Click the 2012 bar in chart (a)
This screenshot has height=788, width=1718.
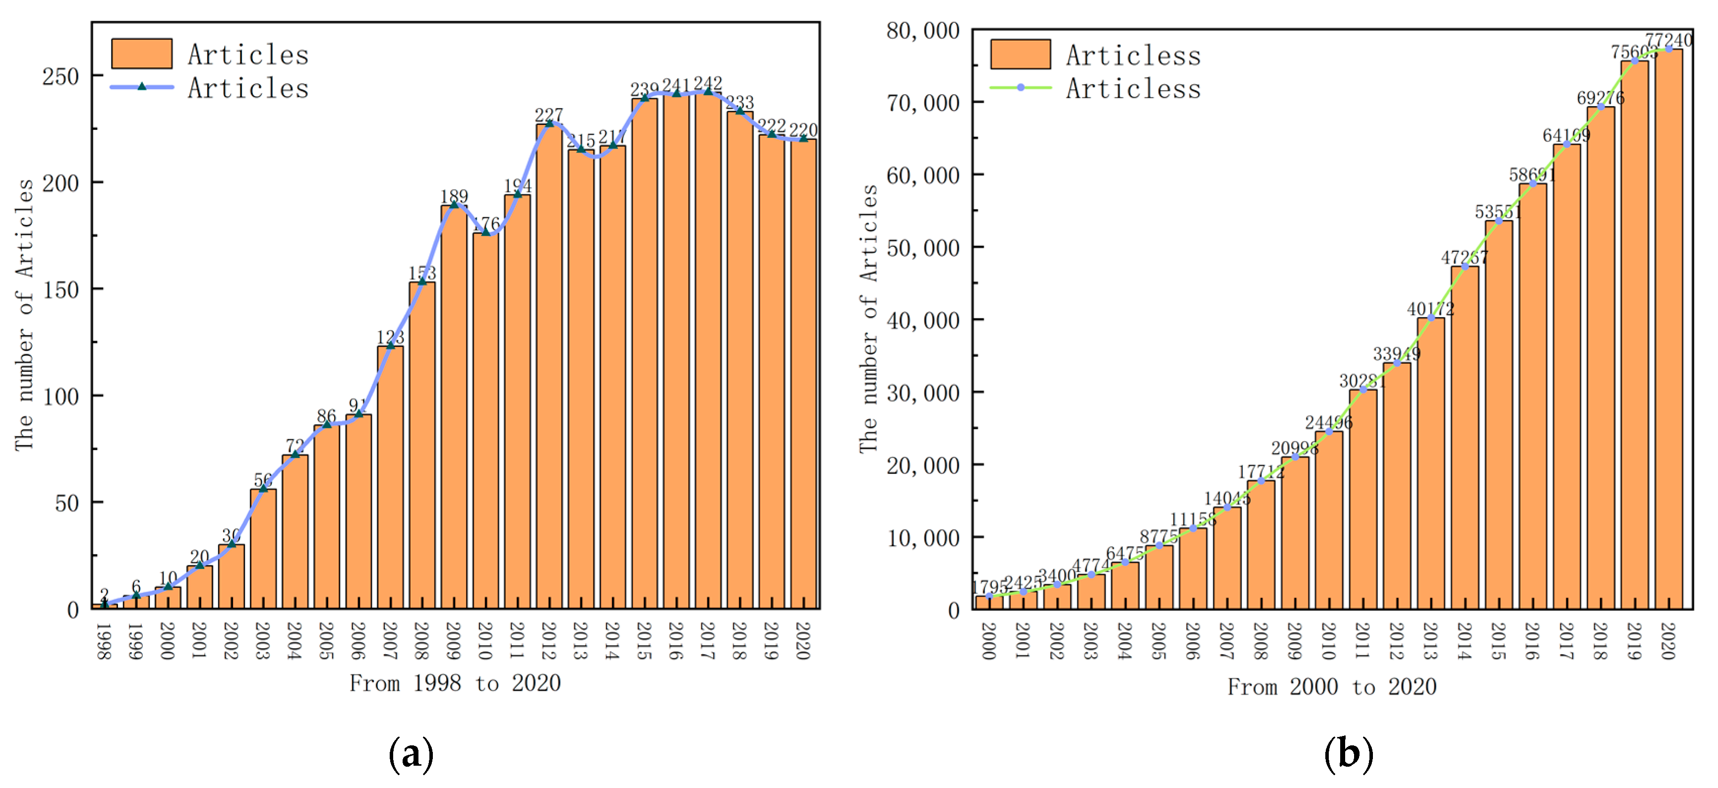pyautogui.click(x=549, y=367)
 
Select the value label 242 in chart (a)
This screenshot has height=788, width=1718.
pyautogui.click(x=708, y=83)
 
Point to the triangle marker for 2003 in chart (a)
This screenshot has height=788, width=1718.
pyautogui.click(x=263, y=489)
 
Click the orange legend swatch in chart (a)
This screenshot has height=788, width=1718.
pyautogui.click(x=141, y=54)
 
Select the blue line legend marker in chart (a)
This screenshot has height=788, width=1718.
pyautogui.click(x=141, y=87)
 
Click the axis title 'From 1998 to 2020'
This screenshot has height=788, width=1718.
pyautogui.click(x=455, y=683)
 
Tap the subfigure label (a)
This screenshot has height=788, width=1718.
pyautogui.click(x=411, y=754)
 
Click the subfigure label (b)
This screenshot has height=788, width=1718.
pyautogui.click(x=1348, y=754)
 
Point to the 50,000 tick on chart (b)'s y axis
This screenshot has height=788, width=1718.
pyautogui.click(x=923, y=248)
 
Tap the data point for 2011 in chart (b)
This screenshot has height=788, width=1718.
pyautogui.click(x=1363, y=390)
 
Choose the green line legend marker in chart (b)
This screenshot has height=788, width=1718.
pyautogui.click(x=1020, y=87)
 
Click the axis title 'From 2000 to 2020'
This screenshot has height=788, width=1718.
pyautogui.click(x=1332, y=687)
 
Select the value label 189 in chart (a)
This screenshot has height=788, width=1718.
pyautogui.click(x=454, y=196)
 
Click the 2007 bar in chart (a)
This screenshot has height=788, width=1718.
pyautogui.click(x=390, y=477)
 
